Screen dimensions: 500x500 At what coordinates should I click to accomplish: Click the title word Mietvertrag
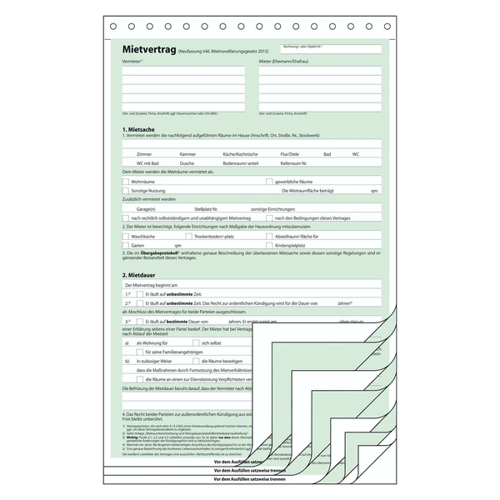tap(150, 51)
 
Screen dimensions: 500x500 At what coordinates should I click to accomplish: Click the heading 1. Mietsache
tap(138, 130)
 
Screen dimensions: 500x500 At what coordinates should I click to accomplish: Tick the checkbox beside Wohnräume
tap(125, 181)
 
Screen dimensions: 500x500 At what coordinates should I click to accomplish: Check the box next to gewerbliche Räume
tap(267, 181)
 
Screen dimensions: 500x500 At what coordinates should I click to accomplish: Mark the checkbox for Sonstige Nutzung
tap(125, 191)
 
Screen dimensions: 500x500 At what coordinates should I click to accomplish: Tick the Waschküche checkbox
tap(125, 237)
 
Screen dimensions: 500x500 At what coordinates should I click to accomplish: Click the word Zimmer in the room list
tap(144, 155)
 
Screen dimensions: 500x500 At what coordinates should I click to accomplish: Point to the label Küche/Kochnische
tap(240, 155)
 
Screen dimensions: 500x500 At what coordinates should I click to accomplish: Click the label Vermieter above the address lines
tap(132, 62)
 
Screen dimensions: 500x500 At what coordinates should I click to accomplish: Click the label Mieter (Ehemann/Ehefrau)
tap(287, 62)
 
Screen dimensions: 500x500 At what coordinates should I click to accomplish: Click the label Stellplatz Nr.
tap(206, 208)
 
